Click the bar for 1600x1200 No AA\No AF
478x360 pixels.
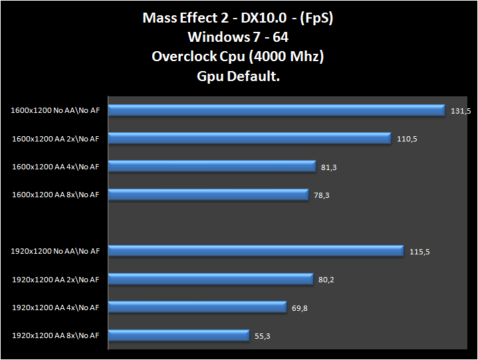(276, 110)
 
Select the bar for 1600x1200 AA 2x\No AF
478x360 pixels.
(249, 138)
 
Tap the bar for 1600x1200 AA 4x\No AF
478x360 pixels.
(211, 167)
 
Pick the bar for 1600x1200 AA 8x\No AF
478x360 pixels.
(208, 195)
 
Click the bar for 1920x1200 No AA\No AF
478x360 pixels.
(255, 251)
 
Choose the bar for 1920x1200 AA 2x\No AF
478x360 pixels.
(210, 279)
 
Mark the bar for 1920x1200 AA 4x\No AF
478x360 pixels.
(197, 307)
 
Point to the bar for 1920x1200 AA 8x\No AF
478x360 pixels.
(178, 335)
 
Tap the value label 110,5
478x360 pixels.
(407, 139)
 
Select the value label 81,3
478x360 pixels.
(328, 167)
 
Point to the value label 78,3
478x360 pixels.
(322, 195)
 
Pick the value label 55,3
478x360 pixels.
(262, 336)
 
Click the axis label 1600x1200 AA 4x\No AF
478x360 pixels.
(55, 167)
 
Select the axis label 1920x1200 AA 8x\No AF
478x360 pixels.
(55, 335)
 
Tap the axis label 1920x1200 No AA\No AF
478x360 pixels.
(55, 251)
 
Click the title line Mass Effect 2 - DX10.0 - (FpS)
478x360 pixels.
(237, 18)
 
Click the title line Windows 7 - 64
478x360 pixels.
(237, 37)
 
